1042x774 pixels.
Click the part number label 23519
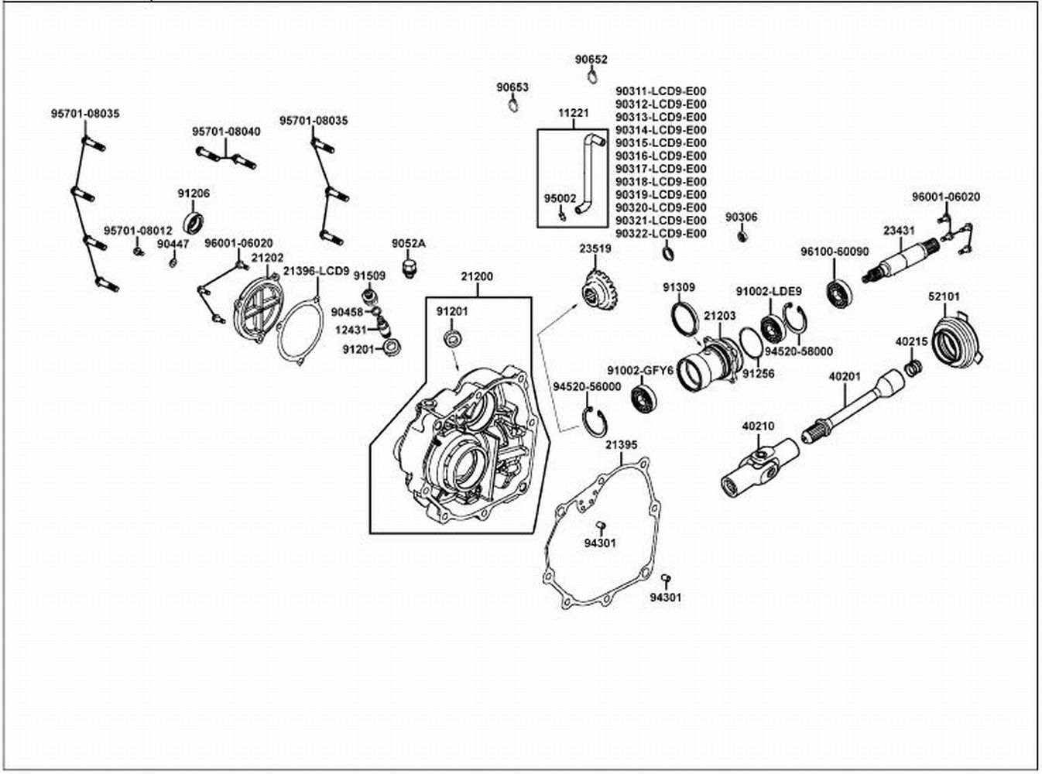[595, 249]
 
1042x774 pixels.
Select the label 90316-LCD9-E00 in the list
[661, 156]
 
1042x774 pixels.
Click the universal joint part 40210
[759, 467]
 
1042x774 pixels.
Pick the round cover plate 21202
[257, 309]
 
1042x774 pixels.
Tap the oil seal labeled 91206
[194, 223]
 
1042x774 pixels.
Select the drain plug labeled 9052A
[410, 267]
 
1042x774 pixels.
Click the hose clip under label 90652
[592, 76]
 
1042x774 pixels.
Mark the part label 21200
[477, 276]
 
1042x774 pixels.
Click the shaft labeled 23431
[900, 261]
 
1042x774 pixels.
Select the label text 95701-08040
[226, 132]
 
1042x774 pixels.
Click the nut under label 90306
[742, 235]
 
